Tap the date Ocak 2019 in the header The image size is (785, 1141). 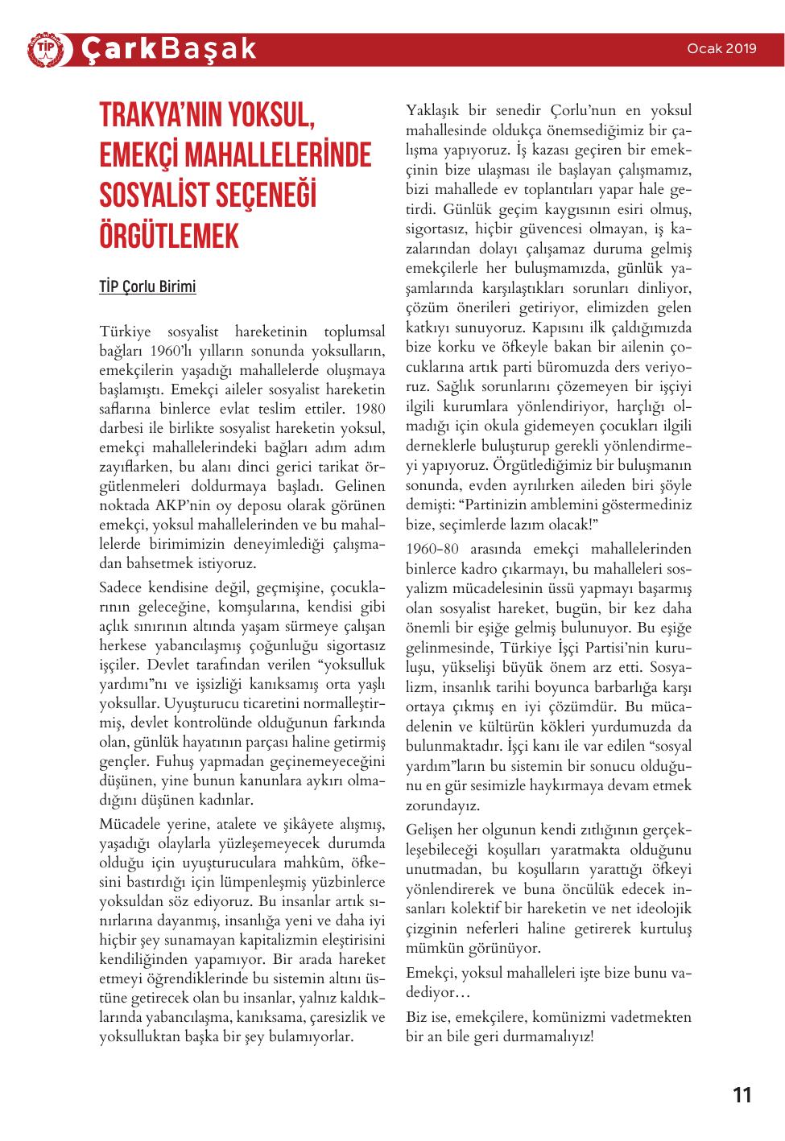pos(721,48)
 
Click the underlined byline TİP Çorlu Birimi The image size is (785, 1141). pos(147,287)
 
